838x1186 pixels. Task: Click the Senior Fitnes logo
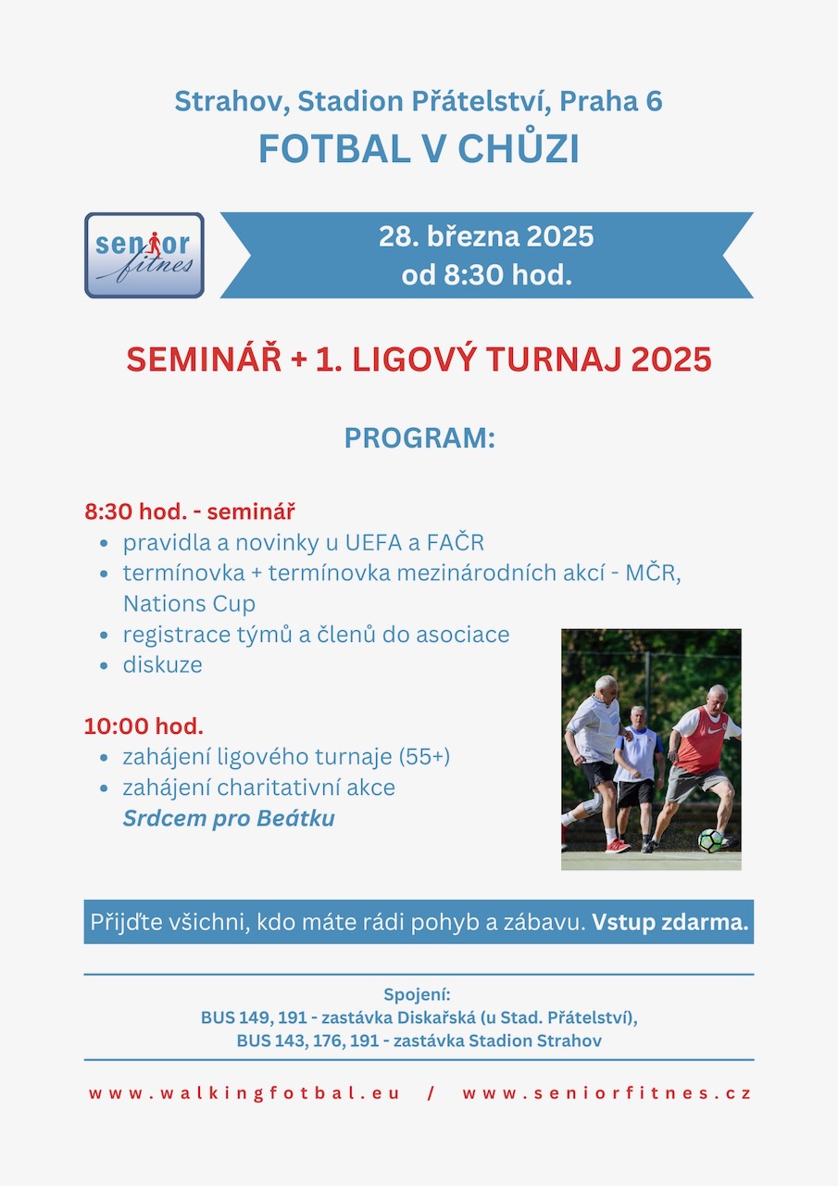tap(144, 255)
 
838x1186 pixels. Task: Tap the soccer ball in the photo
tap(710, 840)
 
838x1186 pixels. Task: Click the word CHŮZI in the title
tap(519, 149)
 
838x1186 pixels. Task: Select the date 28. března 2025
tap(486, 236)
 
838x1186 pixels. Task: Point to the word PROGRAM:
tap(419, 438)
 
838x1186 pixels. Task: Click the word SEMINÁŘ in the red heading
tap(205, 360)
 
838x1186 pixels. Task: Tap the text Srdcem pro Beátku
tap(229, 818)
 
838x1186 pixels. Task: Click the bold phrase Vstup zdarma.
tap(669, 922)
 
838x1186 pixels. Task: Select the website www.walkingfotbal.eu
tap(244, 1093)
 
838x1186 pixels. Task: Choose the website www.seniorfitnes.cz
tap(607, 1093)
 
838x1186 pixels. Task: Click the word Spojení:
tap(417, 995)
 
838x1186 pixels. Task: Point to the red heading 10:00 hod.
tap(144, 725)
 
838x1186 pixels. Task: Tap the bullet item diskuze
tap(162, 665)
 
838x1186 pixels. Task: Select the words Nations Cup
tap(190, 603)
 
